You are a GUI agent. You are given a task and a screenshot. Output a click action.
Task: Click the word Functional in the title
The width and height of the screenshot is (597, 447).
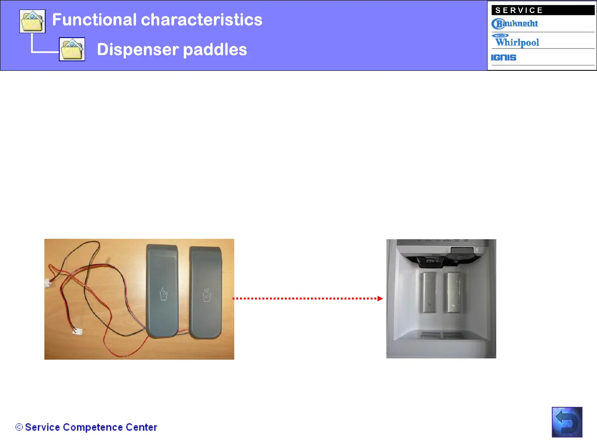point(94,19)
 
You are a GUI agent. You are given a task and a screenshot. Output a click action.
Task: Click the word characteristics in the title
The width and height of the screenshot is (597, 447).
point(201,19)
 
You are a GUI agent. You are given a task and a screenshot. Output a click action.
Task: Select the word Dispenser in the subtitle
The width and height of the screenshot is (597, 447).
point(138,50)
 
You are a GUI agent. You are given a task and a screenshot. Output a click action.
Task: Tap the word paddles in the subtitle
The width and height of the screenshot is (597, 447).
point(215,50)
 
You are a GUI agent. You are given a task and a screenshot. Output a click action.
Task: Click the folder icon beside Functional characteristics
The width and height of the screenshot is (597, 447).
point(32,21)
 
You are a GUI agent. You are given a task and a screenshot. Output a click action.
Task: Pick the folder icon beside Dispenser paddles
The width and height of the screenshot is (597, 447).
point(72,49)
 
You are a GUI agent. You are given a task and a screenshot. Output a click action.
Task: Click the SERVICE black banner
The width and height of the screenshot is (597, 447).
point(543,10)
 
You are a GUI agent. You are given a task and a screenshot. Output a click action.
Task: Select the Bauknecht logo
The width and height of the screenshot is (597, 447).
point(514,24)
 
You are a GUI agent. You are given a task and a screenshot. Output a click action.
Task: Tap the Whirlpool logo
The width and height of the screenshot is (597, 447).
point(515,41)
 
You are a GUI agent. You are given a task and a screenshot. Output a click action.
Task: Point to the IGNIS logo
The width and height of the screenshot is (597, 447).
point(503,58)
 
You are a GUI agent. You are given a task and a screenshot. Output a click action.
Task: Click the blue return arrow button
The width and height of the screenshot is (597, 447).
point(567,422)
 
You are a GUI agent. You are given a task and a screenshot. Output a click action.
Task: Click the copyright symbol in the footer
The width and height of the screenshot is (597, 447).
point(19,427)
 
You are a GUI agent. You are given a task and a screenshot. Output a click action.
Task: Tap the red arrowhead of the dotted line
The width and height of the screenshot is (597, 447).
point(380,298)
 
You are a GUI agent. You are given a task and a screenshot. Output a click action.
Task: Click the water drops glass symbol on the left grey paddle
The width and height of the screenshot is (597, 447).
point(163,294)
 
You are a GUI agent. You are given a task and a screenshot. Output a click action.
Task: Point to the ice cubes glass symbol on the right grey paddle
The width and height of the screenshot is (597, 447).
point(207,295)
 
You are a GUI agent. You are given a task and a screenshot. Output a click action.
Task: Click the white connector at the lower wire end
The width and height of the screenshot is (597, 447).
point(78,331)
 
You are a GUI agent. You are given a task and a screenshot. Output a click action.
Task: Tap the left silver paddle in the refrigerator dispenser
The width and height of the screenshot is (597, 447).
point(429,293)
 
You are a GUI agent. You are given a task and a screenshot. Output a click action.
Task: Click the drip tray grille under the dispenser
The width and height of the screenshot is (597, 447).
point(442,335)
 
